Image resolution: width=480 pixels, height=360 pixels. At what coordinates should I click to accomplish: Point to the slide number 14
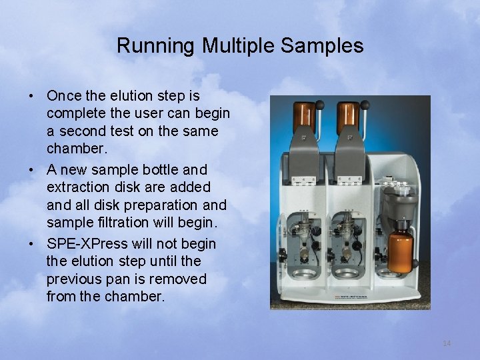click(447, 343)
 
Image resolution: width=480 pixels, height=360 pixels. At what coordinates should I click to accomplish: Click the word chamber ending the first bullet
click(73, 149)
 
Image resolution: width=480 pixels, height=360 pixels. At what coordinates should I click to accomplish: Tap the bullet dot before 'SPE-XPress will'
click(32, 245)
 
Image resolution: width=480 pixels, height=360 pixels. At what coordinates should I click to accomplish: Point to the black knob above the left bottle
click(320, 105)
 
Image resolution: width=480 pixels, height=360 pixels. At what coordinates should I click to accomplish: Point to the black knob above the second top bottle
click(365, 104)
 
